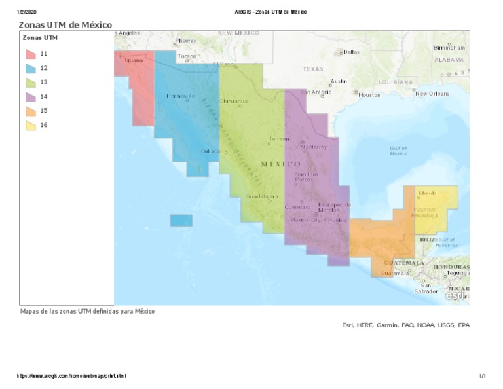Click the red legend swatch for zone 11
pyautogui.click(x=31, y=54)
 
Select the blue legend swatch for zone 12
pyautogui.click(x=31, y=68)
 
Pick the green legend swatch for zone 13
pyautogui.click(x=31, y=83)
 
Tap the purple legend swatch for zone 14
pyautogui.click(x=31, y=97)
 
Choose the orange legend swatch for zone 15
pyautogui.click(x=31, y=111)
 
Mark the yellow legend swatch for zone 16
pyautogui.click(x=31, y=126)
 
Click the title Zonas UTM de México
pyautogui.click(x=65, y=25)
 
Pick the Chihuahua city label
pyautogui.click(x=233, y=101)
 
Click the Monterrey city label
pyautogui.click(x=314, y=147)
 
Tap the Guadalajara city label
pyautogui.click(x=262, y=196)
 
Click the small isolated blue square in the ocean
pyautogui.click(x=181, y=221)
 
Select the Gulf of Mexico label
pyautogui.click(x=398, y=151)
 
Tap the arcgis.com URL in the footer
pyautogui.click(x=71, y=376)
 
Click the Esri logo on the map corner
pyautogui.click(x=455, y=296)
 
